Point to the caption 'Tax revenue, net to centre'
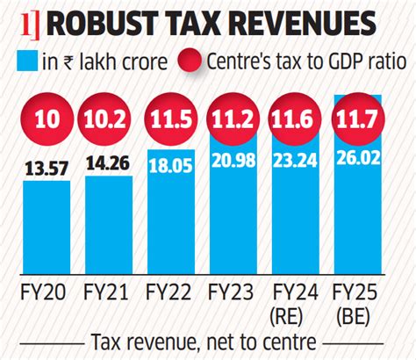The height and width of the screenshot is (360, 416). [x=208, y=342]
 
